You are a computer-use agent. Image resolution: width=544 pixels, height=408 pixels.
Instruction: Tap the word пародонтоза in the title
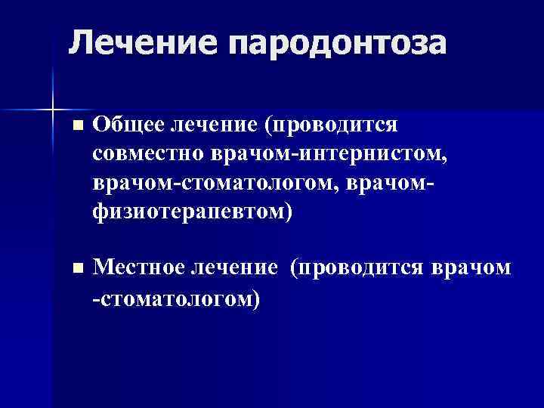tap(337, 44)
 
